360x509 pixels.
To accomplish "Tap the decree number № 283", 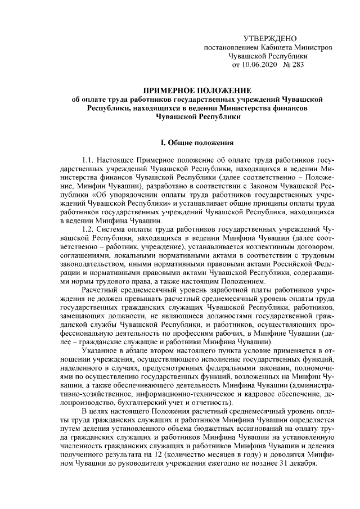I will [x=294, y=65].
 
